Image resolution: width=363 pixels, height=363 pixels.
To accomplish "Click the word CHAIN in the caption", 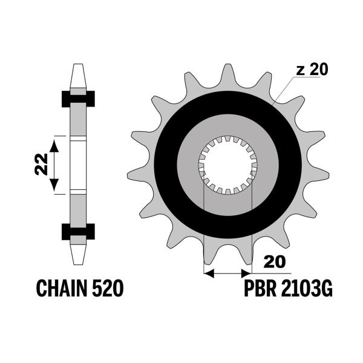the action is (x=62, y=288).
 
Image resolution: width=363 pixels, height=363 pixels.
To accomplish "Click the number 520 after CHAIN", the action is (x=108, y=288).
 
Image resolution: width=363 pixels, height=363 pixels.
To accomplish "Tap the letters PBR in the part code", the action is (x=260, y=288).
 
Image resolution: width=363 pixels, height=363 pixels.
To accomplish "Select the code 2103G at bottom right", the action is (x=307, y=288).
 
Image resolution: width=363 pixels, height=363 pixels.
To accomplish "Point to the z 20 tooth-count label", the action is (x=312, y=69).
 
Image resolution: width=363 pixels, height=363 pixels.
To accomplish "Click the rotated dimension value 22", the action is (x=41, y=164).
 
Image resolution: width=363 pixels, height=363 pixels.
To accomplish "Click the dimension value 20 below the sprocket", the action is (x=275, y=262).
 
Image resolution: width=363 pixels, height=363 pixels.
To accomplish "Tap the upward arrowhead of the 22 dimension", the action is (x=54, y=145).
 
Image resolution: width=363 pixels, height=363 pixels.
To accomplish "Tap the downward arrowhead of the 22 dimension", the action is (x=54, y=185).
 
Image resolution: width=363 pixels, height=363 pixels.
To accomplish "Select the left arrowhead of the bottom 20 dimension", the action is (x=209, y=273).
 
